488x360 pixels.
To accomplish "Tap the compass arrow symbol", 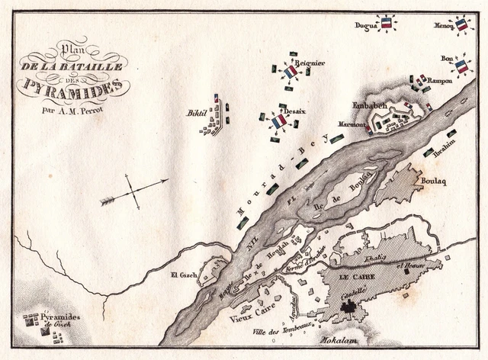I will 134,191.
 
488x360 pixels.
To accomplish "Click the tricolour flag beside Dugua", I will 387,24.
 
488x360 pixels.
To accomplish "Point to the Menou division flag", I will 461,24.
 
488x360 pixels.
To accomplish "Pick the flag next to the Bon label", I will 461,66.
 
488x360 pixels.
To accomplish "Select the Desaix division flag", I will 279,121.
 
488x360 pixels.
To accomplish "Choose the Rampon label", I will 440,80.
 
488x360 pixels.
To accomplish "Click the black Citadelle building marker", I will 351,309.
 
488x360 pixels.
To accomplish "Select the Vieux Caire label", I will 249,314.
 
